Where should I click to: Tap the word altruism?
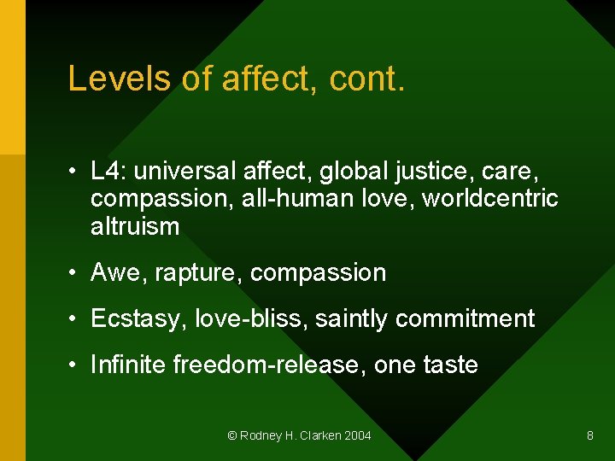[x=135, y=226]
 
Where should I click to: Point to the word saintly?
[x=351, y=319]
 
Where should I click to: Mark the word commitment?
[x=465, y=319]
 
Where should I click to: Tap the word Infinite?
[x=128, y=365]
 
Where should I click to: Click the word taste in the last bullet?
[x=450, y=365]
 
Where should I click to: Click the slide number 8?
[x=589, y=435]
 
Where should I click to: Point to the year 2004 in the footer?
[x=357, y=435]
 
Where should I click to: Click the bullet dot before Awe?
[x=75, y=273]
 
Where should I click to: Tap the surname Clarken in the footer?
[x=319, y=435]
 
